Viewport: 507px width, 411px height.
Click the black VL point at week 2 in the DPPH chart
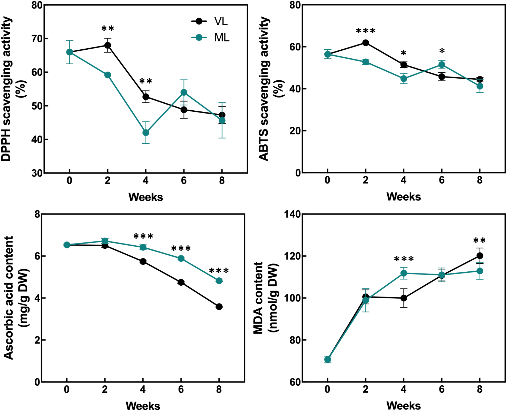click(x=107, y=45)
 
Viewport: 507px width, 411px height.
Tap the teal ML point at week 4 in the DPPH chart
click(x=146, y=133)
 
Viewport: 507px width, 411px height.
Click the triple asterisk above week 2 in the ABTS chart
click(x=365, y=31)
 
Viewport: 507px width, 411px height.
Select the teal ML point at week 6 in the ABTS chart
click(x=442, y=65)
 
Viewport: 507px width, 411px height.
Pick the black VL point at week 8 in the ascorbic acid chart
click(x=219, y=307)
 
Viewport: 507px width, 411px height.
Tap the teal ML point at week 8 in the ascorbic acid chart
click(x=219, y=281)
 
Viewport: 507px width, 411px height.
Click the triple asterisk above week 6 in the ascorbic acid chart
click(x=181, y=249)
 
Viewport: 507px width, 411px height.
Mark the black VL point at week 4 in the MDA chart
click(x=404, y=298)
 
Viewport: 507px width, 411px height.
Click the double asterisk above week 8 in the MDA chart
click(x=479, y=241)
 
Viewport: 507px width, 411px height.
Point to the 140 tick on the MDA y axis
click(x=292, y=214)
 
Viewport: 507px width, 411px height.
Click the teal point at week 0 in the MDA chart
click(x=327, y=359)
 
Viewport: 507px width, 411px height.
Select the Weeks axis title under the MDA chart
click(x=403, y=406)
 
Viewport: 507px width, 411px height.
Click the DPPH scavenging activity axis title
click(x=6, y=89)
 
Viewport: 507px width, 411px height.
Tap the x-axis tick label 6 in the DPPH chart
click(x=183, y=180)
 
